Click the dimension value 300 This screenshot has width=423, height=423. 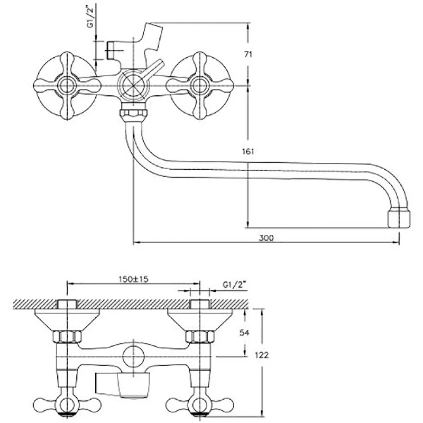click(266, 237)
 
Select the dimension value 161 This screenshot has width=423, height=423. click(248, 151)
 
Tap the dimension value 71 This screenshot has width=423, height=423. click(248, 54)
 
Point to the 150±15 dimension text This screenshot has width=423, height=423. click(134, 279)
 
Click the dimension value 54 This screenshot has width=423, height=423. click(244, 333)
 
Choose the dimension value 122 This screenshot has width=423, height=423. click(262, 355)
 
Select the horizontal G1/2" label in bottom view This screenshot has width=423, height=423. click(235, 284)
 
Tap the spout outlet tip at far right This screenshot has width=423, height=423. click(399, 219)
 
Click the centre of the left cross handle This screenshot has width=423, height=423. click(67, 86)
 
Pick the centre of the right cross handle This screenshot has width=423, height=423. click(200, 86)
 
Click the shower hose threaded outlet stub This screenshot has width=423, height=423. click(111, 50)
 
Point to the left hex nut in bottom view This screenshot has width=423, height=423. click(67, 336)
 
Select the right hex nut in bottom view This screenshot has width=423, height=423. click(200, 336)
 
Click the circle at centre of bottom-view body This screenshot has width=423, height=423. click(133, 356)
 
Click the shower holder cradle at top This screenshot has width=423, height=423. click(152, 36)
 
